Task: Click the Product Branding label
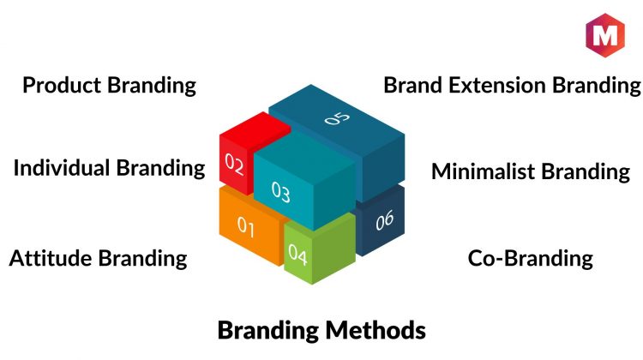109,85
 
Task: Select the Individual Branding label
109,168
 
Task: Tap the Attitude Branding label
98,258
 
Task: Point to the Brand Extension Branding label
512,85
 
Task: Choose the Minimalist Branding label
531,171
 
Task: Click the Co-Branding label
530,258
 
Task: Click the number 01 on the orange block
246,226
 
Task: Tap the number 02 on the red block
234,164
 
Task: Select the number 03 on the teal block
281,192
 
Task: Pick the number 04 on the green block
297,255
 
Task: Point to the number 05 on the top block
337,118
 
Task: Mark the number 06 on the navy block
385,220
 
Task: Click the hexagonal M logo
605,35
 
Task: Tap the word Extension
497,85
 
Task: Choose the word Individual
62,168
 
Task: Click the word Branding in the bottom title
268,331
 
